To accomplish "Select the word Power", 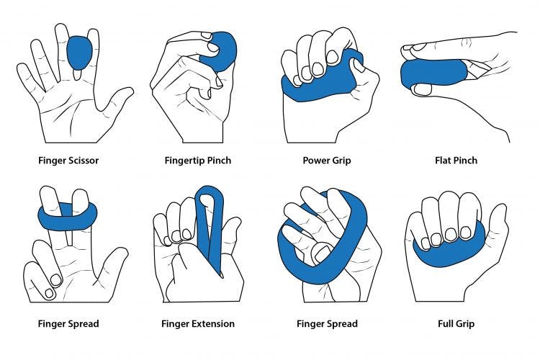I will (x=315, y=160).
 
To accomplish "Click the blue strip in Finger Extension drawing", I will (x=212, y=223).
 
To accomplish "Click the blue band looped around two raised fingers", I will (x=68, y=214).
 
